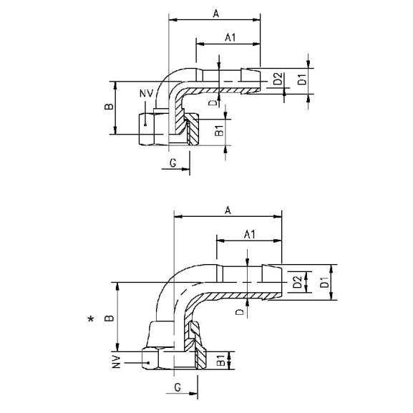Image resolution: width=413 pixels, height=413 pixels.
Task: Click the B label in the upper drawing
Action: (x=108, y=107)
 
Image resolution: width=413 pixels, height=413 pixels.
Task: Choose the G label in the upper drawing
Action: (x=173, y=164)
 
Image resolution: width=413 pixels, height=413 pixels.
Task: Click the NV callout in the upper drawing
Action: (x=145, y=94)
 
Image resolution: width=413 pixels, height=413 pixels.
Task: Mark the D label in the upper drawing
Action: (x=213, y=102)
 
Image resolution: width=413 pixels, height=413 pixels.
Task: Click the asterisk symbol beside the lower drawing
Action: (x=90, y=320)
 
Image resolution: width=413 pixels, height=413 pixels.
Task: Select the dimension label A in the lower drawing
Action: (x=228, y=210)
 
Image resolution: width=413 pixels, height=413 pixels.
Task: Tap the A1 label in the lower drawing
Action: (x=250, y=234)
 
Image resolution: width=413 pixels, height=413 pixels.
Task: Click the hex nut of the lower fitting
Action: (x=154, y=361)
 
